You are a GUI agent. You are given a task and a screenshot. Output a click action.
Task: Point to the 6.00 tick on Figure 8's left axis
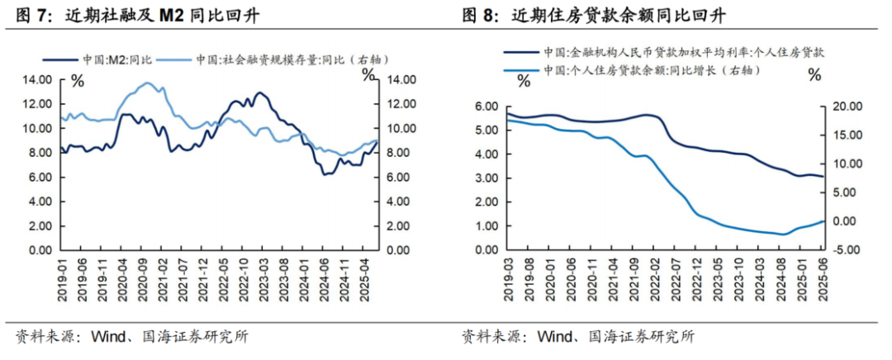click(x=485, y=107)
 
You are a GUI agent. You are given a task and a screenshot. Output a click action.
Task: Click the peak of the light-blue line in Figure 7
click(x=147, y=83)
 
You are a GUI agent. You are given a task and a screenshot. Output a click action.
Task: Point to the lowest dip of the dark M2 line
click(x=325, y=174)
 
